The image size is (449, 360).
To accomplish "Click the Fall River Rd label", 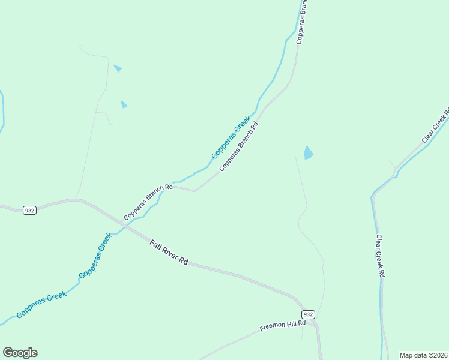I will [x=169, y=253].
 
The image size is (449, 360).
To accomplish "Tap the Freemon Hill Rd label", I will [x=283, y=326].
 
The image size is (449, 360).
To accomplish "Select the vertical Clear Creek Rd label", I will [x=379, y=255].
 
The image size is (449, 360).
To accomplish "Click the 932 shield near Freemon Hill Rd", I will [x=308, y=314].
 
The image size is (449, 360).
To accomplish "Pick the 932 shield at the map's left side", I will [x=29, y=210].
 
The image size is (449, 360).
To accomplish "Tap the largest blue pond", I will [x=309, y=153].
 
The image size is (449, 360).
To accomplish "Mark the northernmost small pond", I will [x=118, y=68].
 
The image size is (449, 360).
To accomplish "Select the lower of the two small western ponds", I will [x=124, y=104].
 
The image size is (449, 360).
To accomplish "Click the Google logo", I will [x=20, y=353].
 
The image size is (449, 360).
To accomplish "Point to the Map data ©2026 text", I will [x=423, y=355].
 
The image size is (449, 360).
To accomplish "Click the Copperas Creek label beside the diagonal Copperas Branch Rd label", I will [x=231, y=139].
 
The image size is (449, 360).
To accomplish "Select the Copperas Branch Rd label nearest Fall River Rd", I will [x=148, y=202].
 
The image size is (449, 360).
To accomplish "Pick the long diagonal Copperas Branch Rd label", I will [x=238, y=147].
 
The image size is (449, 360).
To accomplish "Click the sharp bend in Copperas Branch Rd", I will [x=195, y=191].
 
